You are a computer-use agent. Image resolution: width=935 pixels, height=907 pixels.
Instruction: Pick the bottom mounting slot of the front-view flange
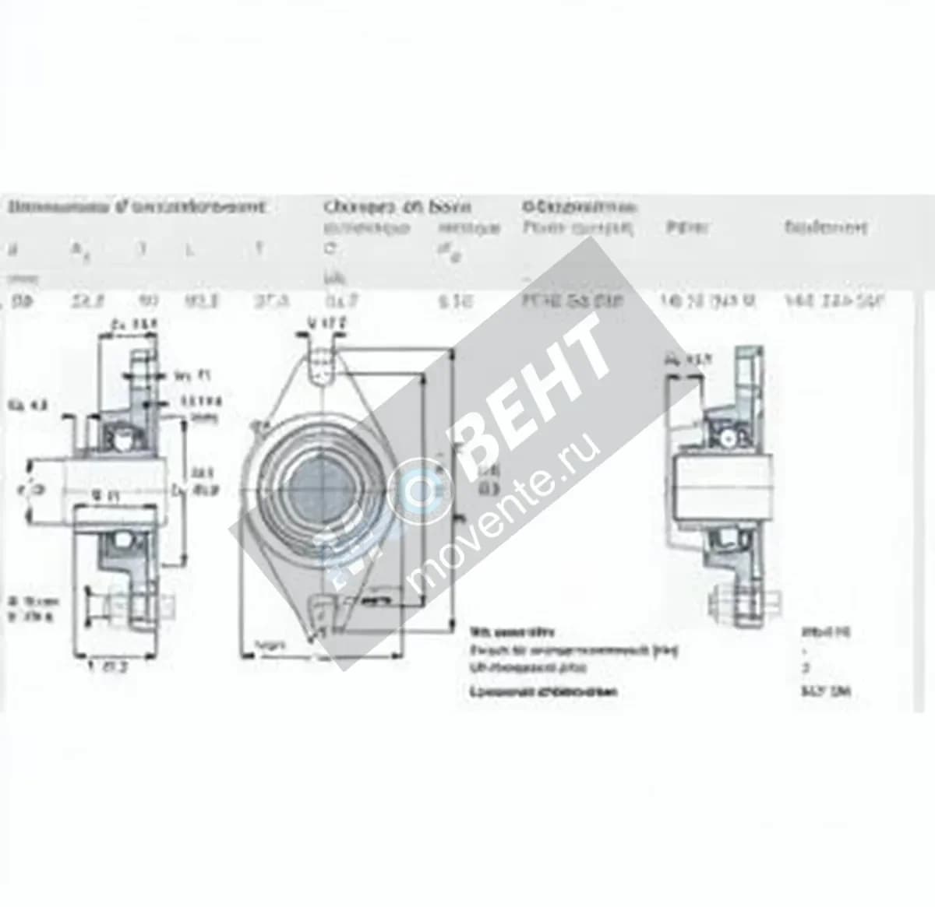pyautogui.click(x=320, y=612)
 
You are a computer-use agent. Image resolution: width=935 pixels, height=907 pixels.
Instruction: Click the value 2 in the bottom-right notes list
pyautogui.click(x=806, y=667)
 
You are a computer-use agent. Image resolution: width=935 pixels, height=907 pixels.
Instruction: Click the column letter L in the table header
pyautogui.click(x=189, y=249)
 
